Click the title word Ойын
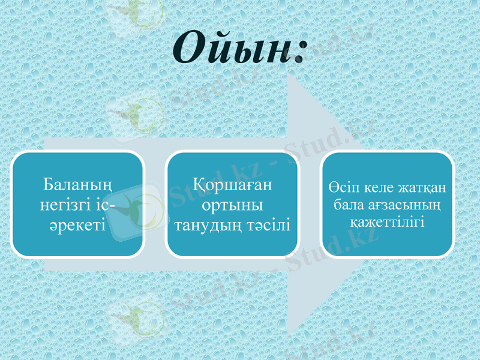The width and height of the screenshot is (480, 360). [x=231, y=48]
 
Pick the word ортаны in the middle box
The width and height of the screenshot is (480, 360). [x=232, y=205]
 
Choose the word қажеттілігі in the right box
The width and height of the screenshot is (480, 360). [x=387, y=221]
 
